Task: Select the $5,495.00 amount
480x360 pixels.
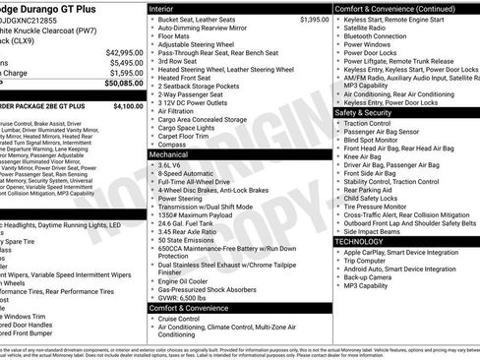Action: (123, 63)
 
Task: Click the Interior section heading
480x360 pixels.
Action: (163, 8)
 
